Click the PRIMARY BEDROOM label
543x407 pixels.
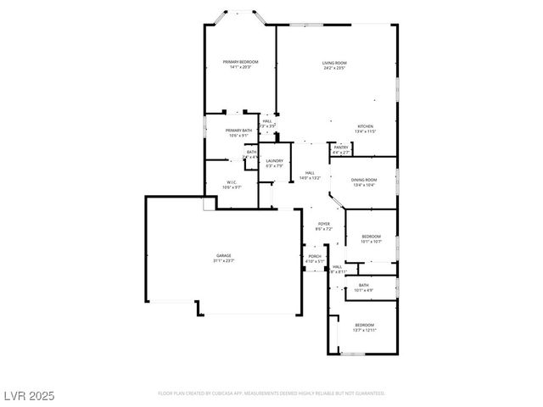240,62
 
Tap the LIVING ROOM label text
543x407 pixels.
333,63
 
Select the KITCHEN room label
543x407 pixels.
365,126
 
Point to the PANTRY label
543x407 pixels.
341,148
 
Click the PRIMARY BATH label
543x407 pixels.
238,130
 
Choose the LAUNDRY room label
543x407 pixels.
274,160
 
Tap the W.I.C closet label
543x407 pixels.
231,182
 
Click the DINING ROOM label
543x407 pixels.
364,180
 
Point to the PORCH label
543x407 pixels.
314,256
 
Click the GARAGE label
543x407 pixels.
223,255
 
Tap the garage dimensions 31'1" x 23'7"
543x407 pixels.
223,261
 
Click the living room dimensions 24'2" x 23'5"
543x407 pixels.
333,68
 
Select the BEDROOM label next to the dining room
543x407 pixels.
371,236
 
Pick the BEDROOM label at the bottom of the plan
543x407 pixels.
364,325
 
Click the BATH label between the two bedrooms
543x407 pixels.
363,285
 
